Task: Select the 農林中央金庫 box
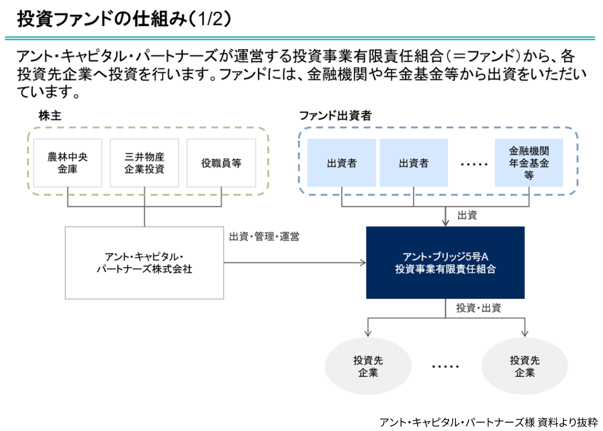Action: (x=68, y=163)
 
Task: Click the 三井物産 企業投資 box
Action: (x=144, y=163)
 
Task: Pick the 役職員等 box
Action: (x=221, y=163)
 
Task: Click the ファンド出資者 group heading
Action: (x=335, y=116)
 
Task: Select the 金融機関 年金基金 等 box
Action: (x=529, y=163)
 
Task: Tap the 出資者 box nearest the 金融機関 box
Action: (x=413, y=163)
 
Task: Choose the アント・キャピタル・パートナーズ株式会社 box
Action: (x=144, y=263)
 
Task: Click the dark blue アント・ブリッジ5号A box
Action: (x=445, y=263)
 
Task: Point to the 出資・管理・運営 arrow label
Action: (x=264, y=237)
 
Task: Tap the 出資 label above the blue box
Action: (x=467, y=216)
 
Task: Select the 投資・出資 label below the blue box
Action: (x=478, y=308)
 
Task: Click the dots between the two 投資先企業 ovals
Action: (x=445, y=366)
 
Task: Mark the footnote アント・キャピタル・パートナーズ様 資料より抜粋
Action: (x=488, y=422)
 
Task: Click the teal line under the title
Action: (x=301, y=38)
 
